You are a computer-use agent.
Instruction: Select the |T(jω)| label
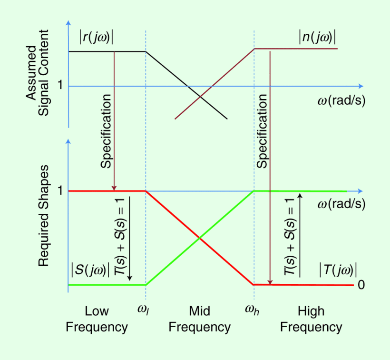pos(338,270)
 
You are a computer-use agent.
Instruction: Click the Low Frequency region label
pos(97,319)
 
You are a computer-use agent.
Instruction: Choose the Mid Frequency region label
pos(200,319)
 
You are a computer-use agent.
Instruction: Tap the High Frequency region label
pos(311,319)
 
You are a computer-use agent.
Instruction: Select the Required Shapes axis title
pos(44,216)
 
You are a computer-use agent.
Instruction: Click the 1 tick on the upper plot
pos(60,86)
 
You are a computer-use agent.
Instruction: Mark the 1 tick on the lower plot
pos(60,190)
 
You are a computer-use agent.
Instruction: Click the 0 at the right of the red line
pos(361,285)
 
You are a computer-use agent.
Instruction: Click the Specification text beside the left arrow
pos(106,131)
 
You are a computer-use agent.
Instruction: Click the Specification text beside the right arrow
pos(262,131)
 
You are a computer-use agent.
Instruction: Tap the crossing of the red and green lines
pos(200,238)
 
